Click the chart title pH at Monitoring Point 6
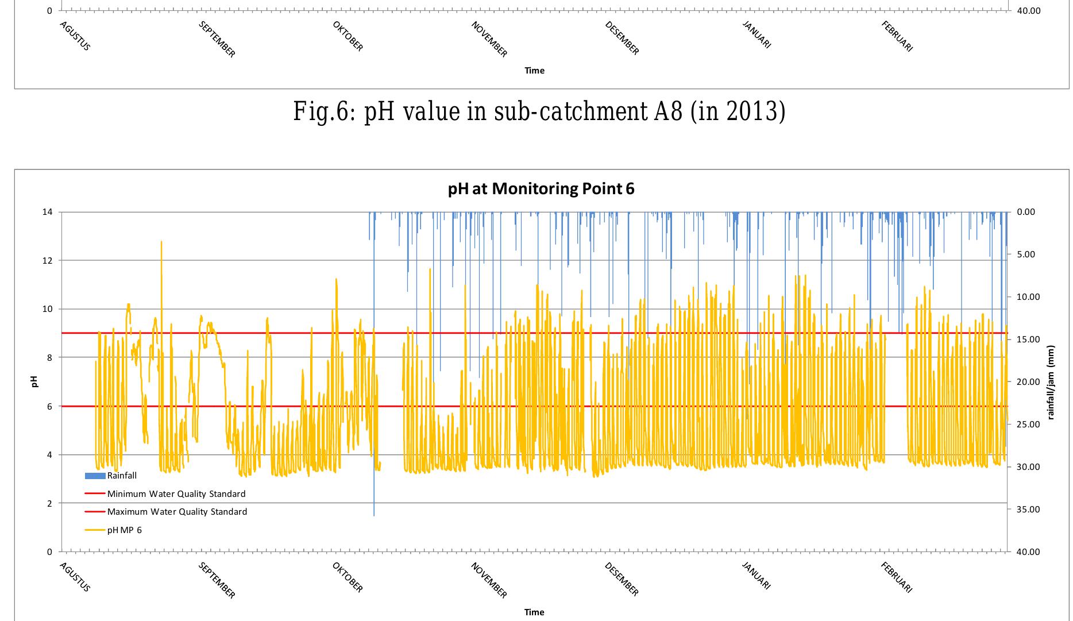tap(541, 189)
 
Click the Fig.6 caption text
tap(539, 111)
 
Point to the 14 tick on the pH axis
tap(47, 212)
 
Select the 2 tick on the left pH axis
tap(49, 503)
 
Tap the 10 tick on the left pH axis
tap(47, 309)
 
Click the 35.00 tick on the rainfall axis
tap(1028, 510)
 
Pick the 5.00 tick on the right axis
tap(1026, 254)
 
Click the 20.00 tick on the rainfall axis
tap(1028, 382)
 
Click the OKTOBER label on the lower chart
tap(348, 577)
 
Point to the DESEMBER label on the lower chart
tap(622, 579)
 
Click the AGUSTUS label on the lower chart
tap(75, 577)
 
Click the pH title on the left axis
tap(34, 381)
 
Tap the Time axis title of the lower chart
tap(534, 612)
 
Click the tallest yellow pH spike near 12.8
tap(161, 242)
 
